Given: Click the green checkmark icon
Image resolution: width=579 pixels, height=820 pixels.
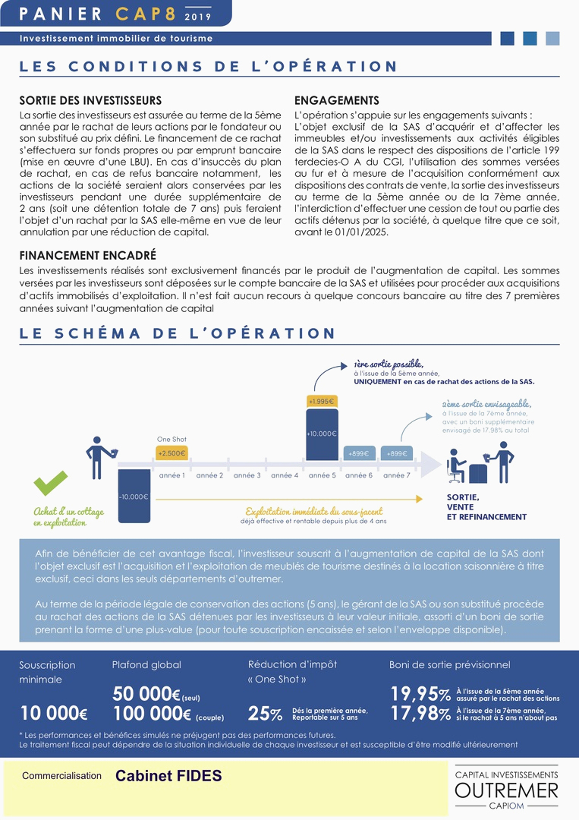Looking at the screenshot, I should point(51,482).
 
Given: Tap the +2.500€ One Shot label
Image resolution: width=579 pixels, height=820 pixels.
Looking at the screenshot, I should point(171,453).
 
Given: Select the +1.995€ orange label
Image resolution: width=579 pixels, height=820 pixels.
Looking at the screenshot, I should point(321,401).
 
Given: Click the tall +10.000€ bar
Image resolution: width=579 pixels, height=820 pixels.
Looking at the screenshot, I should point(321,434).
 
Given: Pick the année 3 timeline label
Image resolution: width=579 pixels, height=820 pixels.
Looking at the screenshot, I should point(247,475).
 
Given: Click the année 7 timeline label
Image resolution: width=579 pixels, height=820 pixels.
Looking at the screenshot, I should point(395,475).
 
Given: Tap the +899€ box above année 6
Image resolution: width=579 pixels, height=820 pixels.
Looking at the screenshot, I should point(358,453).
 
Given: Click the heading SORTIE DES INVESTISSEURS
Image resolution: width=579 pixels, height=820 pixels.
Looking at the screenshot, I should point(90,100).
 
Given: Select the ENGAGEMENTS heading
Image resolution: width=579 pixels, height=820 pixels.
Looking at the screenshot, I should point(336,100).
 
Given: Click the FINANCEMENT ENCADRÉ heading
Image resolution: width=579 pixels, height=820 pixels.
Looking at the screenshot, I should point(88,255).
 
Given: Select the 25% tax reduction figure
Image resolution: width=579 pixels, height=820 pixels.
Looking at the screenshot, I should point(265,714).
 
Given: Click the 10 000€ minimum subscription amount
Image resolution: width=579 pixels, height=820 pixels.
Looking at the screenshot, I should point(53,714).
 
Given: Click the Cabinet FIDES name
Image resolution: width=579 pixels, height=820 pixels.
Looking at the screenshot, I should point(168,776).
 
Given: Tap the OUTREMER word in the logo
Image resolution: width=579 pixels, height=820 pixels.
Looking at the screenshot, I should point(506,791).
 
